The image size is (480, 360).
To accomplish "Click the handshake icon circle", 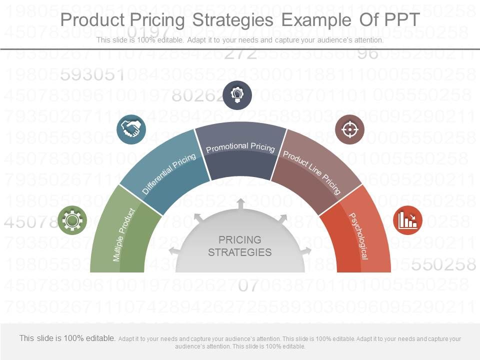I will pyautogui.click(x=131, y=129).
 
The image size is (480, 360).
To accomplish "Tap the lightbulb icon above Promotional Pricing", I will pyautogui.click(x=237, y=94).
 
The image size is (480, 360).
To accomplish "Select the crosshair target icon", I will pyautogui.click(x=349, y=129).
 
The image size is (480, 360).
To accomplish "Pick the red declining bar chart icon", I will pyautogui.click(x=407, y=220).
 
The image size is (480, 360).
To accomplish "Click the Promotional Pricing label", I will pyautogui.click(x=240, y=147).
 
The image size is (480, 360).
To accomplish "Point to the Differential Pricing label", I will pyautogui.click(x=169, y=174).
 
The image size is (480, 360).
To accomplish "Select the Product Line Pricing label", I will pyautogui.click(x=312, y=172).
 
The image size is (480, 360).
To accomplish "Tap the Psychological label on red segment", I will pyautogui.click(x=358, y=236).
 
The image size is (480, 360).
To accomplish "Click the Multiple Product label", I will pyautogui.click(x=124, y=234).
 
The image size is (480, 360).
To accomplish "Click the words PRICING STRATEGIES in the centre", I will pyautogui.click(x=240, y=246).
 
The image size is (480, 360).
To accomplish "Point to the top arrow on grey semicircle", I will pyautogui.click(x=240, y=204).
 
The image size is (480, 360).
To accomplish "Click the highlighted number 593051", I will pyautogui.click(x=92, y=75).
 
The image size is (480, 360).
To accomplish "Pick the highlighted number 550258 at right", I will pyautogui.click(x=443, y=264).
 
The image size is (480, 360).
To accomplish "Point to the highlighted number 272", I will pyautogui.click(x=240, y=53).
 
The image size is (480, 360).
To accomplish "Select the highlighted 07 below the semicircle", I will pyautogui.click(x=248, y=285).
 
